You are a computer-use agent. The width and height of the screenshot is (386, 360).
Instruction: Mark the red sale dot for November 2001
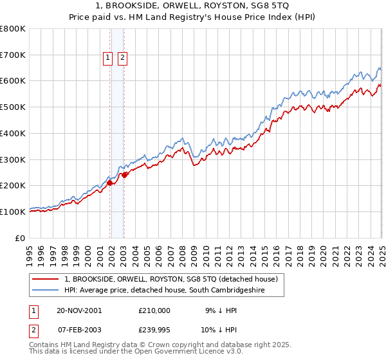[110, 183]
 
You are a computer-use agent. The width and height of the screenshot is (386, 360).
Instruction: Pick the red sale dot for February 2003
[125, 175]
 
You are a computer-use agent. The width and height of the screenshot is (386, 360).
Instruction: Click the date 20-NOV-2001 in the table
[79, 310]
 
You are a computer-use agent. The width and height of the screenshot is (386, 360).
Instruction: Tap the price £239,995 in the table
[154, 331]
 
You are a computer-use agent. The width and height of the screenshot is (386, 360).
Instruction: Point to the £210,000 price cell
[154, 310]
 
